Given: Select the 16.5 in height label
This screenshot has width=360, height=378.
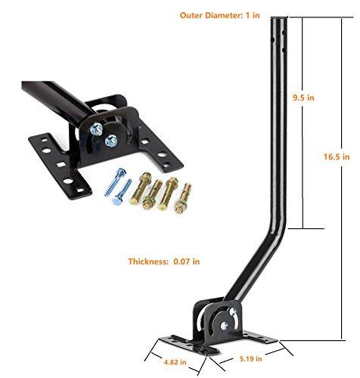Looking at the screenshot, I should click(x=336, y=156).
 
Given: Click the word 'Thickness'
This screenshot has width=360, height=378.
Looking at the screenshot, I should click(x=146, y=261).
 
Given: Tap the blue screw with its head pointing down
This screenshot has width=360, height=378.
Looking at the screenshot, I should click(x=126, y=190).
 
